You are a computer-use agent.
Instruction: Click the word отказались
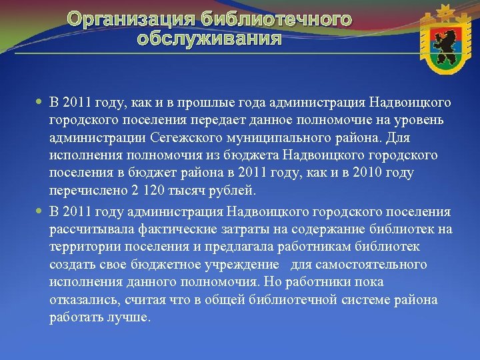(83, 299)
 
